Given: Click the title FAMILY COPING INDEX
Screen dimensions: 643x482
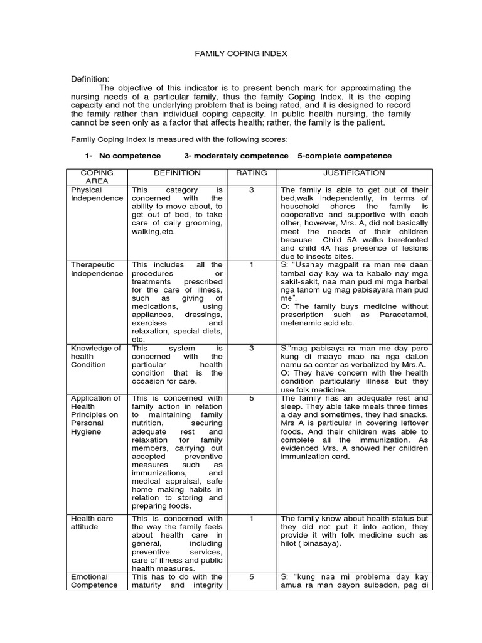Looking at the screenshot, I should pyautogui.click(x=242, y=54).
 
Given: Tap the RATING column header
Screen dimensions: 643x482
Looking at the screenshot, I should pyautogui.click(x=251, y=173).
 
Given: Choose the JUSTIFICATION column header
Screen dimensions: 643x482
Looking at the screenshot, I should pyautogui.click(x=354, y=173).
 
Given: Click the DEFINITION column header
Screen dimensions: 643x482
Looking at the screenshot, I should pyautogui.click(x=178, y=173).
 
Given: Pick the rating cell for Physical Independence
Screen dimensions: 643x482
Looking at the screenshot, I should pyautogui.click(x=251, y=190).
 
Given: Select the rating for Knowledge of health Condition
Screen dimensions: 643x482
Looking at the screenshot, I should pyautogui.click(x=251, y=347).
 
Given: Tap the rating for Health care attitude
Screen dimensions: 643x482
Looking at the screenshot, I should pyautogui.click(x=251, y=518).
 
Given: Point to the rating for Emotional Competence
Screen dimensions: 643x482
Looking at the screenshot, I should pyautogui.click(x=251, y=576).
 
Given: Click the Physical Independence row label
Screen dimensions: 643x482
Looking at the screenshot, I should pyautogui.click(x=97, y=194).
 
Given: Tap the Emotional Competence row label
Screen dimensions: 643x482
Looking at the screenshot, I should pyautogui.click(x=94, y=581).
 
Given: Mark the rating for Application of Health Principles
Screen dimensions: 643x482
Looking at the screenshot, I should pyautogui.click(x=251, y=398).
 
